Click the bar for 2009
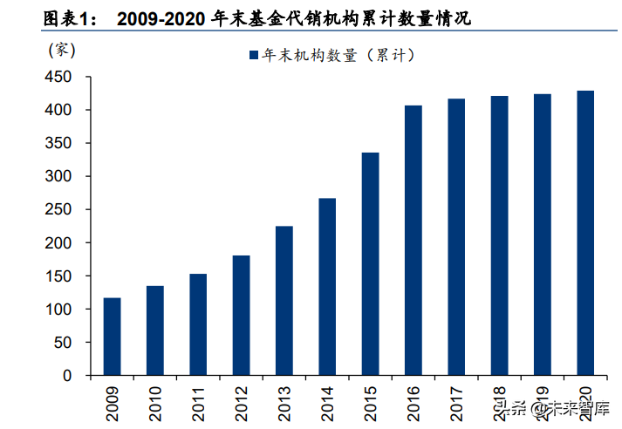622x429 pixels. coord(112,337)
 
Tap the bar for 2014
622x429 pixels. coord(327,287)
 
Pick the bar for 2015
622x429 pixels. coord(370,264)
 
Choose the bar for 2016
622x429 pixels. coord(413,241)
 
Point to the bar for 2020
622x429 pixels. coord(584,233)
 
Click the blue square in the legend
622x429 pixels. coord(253,55)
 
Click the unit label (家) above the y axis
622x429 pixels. coord(57,50)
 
